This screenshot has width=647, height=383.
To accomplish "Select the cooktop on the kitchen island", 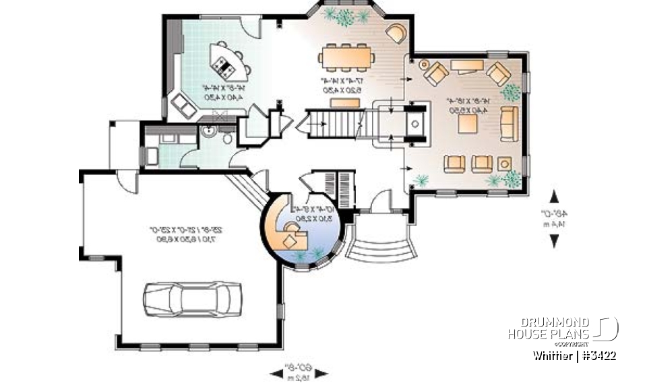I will (x=222, y=65).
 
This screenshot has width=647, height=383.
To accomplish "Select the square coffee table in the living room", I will (x=467, y=123).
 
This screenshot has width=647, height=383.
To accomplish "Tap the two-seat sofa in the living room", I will (x=508, y=122).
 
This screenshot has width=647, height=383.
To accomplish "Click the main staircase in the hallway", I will (x=337, y=124).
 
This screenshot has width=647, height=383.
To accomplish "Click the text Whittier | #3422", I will (x=573, y=355).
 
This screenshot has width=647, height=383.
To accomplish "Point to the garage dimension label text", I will (x=189, y=234).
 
